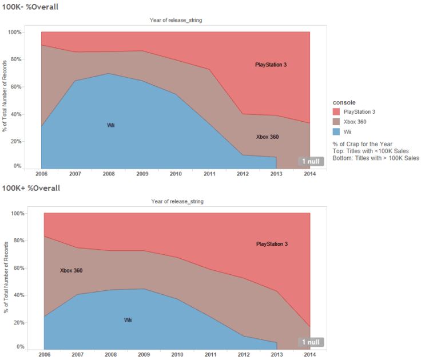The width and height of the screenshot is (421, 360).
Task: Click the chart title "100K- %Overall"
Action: (30, 7)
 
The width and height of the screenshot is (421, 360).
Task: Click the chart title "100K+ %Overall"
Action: (30, 187)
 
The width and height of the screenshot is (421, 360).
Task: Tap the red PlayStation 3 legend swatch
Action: (337, 111)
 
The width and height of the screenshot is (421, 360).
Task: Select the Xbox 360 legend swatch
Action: (337, 121)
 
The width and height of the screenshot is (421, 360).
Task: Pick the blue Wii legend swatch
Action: (337, 131)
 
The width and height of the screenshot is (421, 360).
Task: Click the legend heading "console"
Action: (345, 102)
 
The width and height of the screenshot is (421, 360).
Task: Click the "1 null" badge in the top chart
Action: (312, 162)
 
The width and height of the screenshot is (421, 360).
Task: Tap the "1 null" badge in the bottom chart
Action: (312, 342)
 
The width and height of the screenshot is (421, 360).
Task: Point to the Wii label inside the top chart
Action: (111, 125)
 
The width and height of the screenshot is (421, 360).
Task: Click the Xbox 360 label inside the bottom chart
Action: (71, 270)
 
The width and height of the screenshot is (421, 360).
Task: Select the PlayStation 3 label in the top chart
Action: (271, 65)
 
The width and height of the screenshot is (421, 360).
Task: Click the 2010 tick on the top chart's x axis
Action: (176, 174)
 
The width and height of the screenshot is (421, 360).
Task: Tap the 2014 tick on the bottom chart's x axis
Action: (309, 354)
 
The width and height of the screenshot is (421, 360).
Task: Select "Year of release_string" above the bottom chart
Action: (177, 201)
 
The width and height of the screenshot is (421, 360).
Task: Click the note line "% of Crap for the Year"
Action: (363, 143)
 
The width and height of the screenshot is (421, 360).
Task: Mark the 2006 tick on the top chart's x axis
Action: (41, 174)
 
